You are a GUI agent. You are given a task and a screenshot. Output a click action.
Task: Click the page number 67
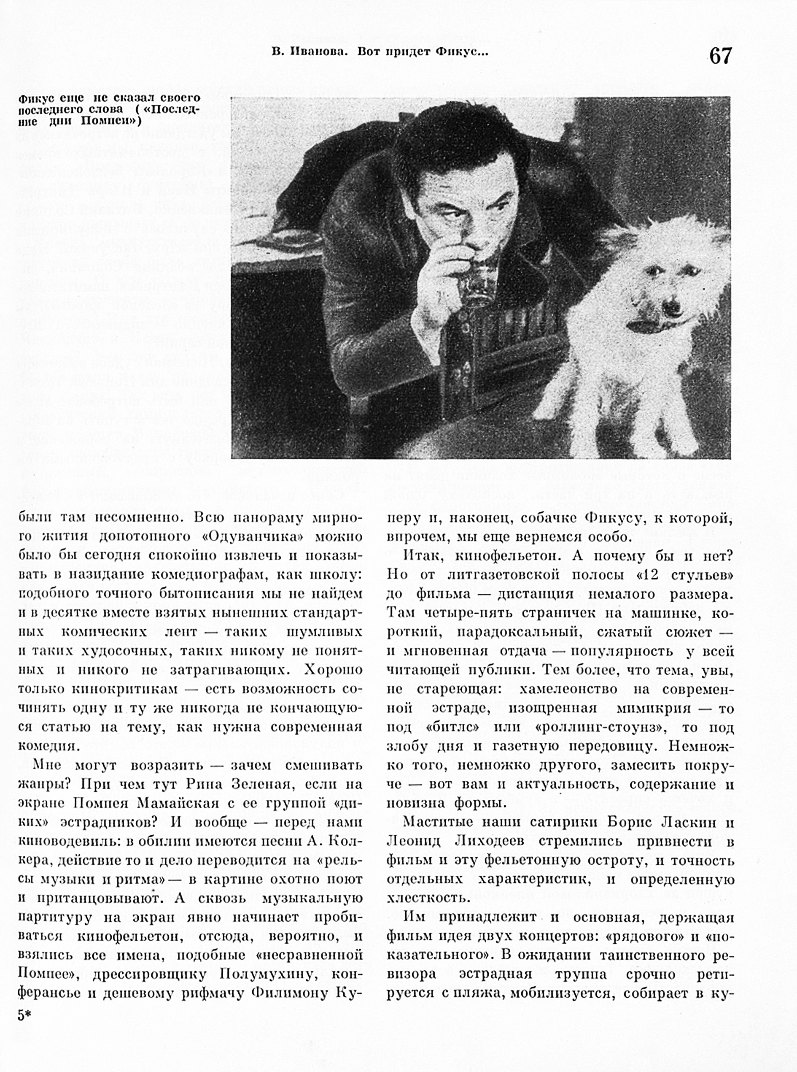tap(720, 56)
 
